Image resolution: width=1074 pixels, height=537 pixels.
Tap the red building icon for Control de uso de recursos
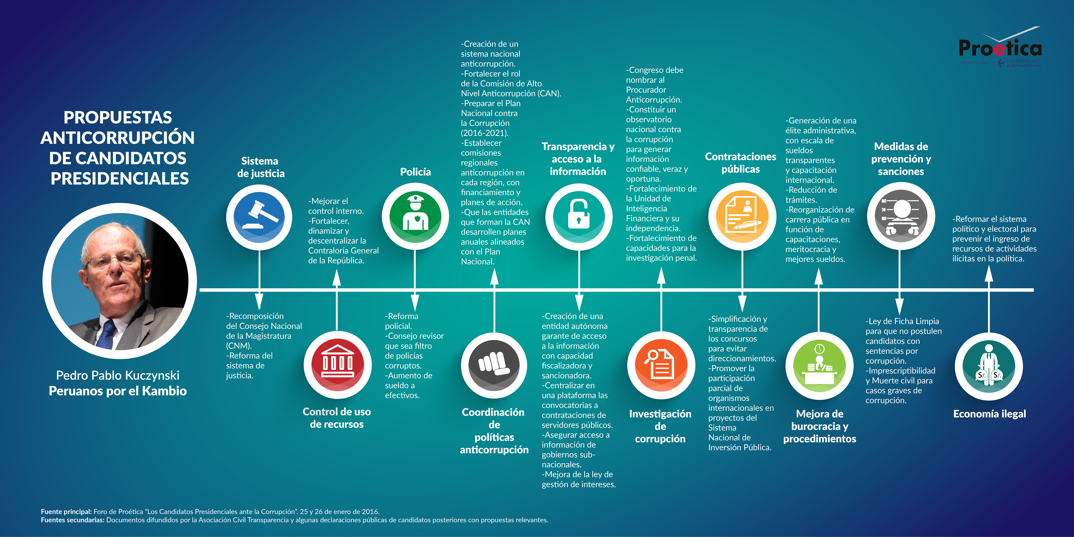pyautogui.click(x=337, y=365)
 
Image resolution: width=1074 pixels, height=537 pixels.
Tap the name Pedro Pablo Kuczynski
pyautogui.click(x=118, y=375)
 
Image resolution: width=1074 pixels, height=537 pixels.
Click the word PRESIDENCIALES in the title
pyautogui.click(x=120, y=178)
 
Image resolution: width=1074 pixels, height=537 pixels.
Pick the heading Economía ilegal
pyautogui.click(x=989, y=414)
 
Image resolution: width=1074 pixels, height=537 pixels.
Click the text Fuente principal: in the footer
pyautogui.click(x=66, y=512)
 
